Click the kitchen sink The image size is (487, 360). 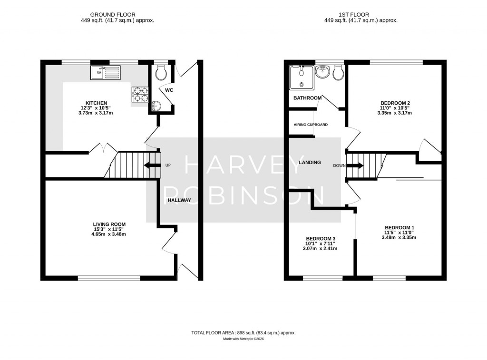click(x=106, y=73)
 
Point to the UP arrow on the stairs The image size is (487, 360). click(x=152, y=165)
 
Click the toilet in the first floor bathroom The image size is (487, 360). click(x=339, y=72)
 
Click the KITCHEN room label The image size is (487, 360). click(x=96, y=103)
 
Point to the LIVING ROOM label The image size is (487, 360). click(x=109, y=224)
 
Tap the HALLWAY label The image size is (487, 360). click(x=179, y=200)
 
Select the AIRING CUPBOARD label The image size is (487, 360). click(x=309, y=125)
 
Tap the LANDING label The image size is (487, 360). click(x=310, y=163)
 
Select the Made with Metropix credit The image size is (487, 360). click(x=243, y=339)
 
